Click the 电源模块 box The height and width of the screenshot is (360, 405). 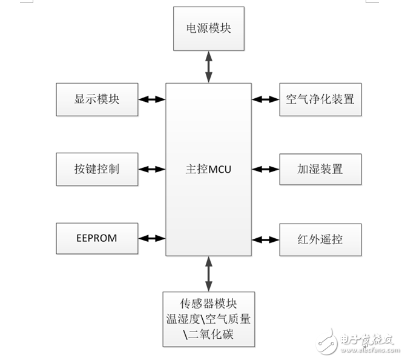pyautogui.click(x=209, y=29)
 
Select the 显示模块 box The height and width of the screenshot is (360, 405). pyautogui.click(x=97, y=99)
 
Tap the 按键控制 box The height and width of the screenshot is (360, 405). pyautogui.click(x=97, y=169)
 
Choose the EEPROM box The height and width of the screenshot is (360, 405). pyautogui.click(x=97, y=238)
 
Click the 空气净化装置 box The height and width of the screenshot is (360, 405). pyautogui.click(x=320, y=99)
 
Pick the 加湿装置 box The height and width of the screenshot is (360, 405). pyautogui.click(x=320, y=169)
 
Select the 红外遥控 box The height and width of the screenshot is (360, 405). pyautogui.click(x=320, y=239)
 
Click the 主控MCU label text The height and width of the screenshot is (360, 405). pyautogui.click(x=208, y=170)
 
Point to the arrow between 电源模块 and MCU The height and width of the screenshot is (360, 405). pyautogui.click(x=209, y=67)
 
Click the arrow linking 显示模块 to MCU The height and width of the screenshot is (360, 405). pyautogui.click(x=152, y=99)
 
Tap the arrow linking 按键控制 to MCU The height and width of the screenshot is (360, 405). pyautogui.click(x=152, y=169)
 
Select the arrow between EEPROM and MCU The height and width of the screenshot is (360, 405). pyautogui.click(x=152, y=238)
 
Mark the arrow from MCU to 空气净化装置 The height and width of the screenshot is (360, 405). pyautogui.click(x=265, y=99)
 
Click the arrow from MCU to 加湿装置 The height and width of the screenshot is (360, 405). pyautogui.click(x=265, y=169)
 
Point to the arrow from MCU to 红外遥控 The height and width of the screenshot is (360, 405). pyautogui.click(x=265, y=239)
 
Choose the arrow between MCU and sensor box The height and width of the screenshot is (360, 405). pyautogui.click(x=209, y=273)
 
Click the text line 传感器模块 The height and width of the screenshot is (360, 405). pyautogui.click(x=209, y=303)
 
